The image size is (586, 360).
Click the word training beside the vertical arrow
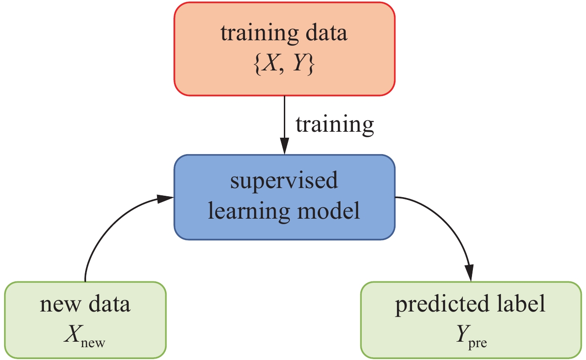[335, 124]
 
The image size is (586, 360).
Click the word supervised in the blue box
[284, 181]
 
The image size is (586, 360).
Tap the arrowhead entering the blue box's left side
[165, 199]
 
